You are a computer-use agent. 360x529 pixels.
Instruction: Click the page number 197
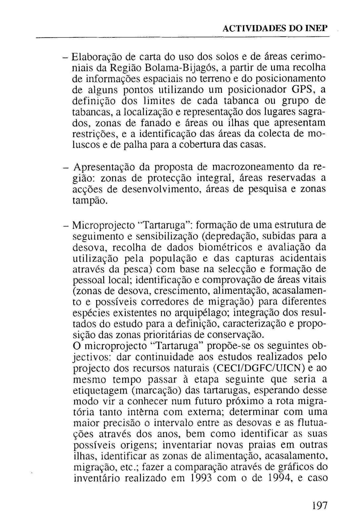[x=319, y=506]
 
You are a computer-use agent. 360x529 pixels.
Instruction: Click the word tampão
[x=90, y=200]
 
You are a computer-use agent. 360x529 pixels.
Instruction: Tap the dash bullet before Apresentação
[x=66, y=167]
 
